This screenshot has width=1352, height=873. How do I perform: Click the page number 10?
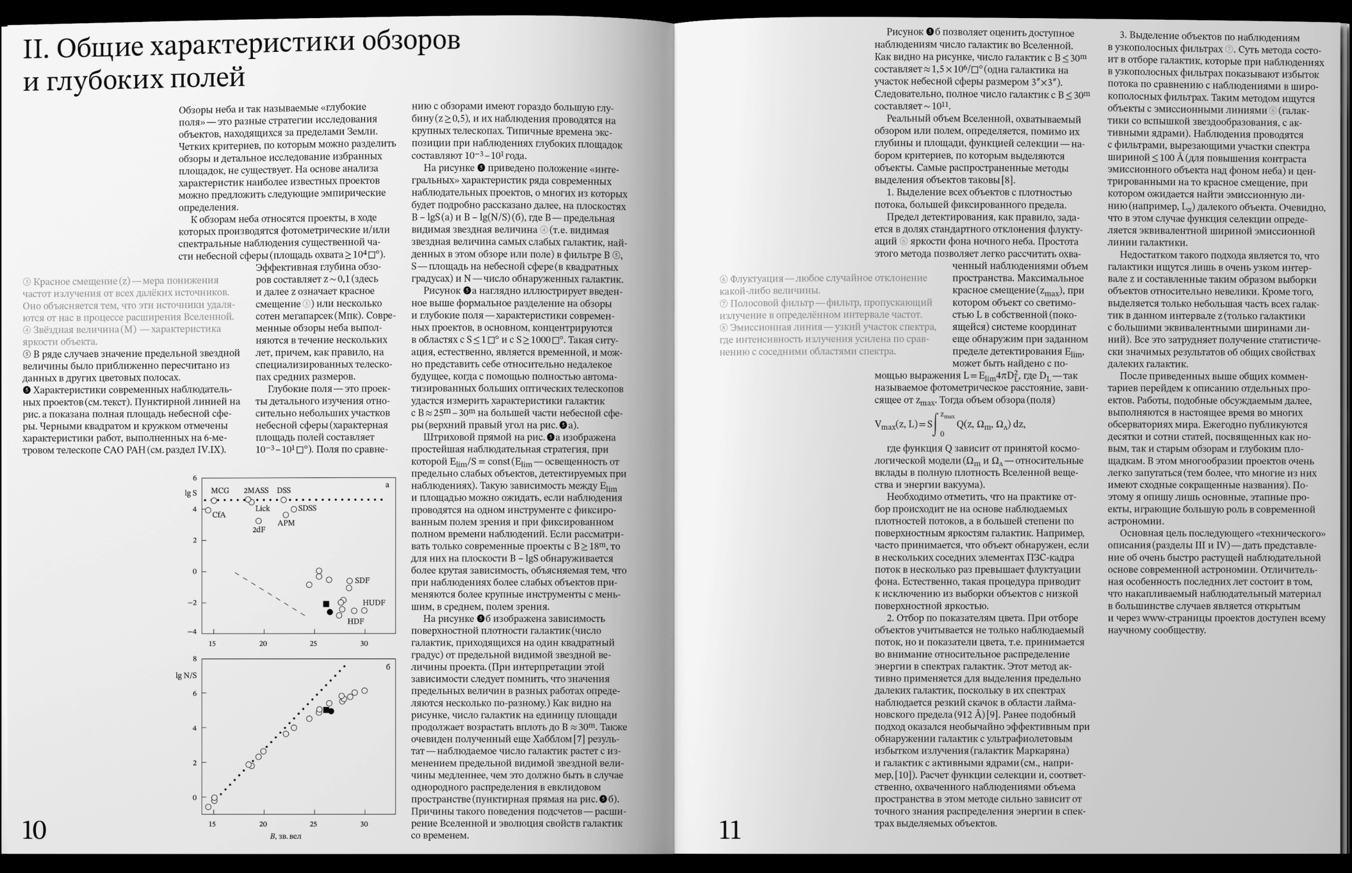[34, 830]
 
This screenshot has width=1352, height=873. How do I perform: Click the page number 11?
[730, 831]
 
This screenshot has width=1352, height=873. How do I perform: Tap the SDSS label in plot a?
[306, 508]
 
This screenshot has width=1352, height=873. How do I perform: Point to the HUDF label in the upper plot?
[373, 603]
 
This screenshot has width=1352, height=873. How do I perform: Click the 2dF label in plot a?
[259, 529]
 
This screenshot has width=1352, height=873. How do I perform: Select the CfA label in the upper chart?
[219, 515]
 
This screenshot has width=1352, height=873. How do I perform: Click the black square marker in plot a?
[326, 604]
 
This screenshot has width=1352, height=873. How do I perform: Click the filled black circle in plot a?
[330, 612]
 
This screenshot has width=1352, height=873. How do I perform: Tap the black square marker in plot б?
[326, 710]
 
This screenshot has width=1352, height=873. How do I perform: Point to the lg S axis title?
[190, 493]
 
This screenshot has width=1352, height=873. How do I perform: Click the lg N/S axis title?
[186, 675]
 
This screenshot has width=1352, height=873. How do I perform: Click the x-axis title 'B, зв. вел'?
[285, 836]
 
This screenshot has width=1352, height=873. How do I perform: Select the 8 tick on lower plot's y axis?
[195, 659]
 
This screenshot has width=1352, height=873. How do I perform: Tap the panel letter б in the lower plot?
[388, 667]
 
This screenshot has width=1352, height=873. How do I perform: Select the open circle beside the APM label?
[286, 515]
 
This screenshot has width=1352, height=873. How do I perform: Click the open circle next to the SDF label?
[350, 581]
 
